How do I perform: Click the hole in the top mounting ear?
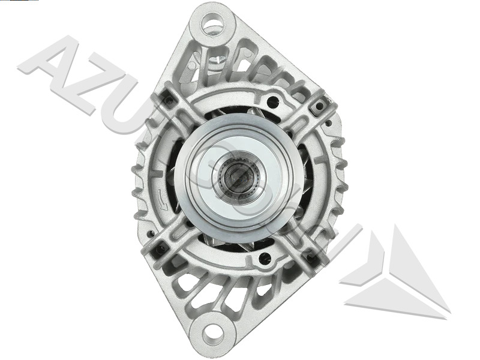click(x=212, y=26)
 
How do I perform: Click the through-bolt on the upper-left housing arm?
click(x=170, y=100)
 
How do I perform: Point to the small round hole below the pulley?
click(x=265, y=259)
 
